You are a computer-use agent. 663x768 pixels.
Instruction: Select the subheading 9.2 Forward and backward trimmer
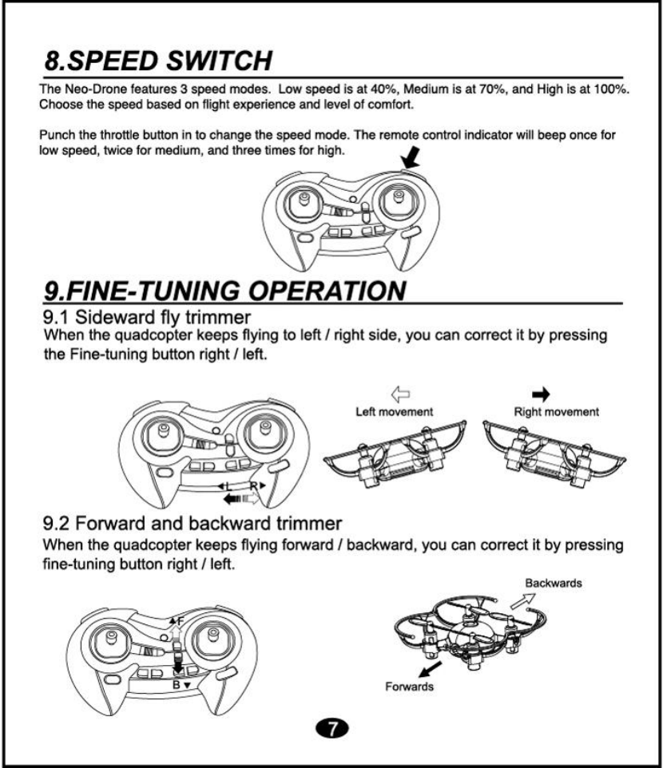(193, 525)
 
